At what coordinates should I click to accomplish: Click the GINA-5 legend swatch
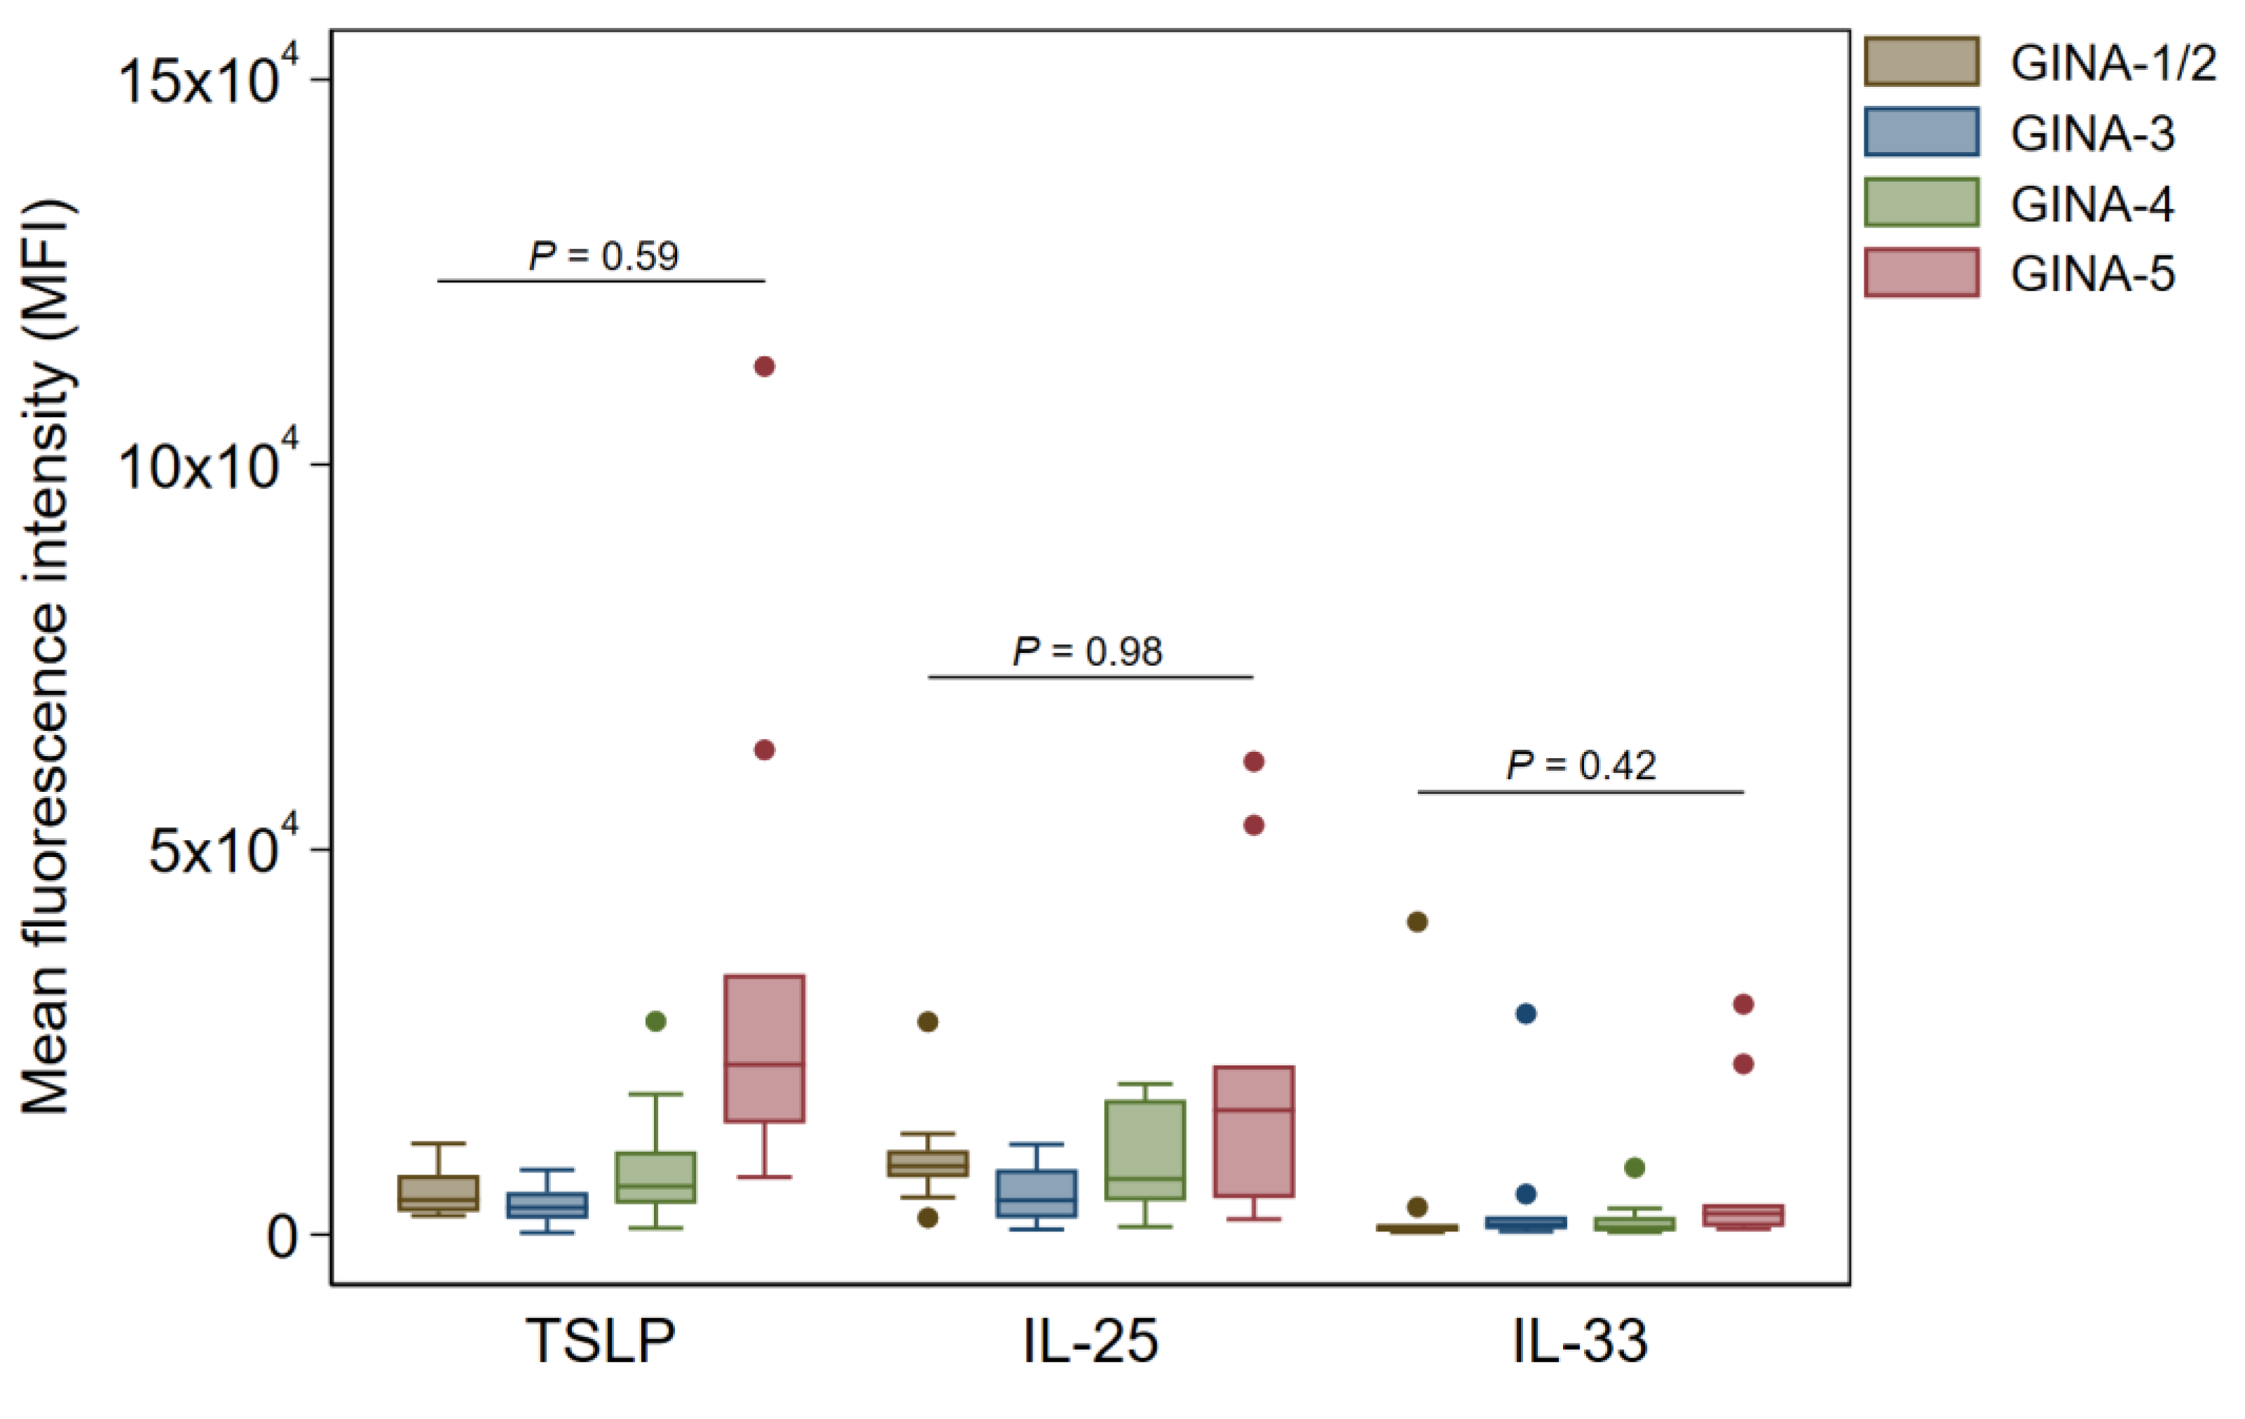[x=1920, y=273]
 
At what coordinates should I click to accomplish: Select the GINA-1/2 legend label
[x=2113, y=63]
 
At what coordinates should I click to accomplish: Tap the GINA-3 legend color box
[x=1920, y=132]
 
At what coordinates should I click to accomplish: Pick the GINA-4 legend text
[x=2092, y=204]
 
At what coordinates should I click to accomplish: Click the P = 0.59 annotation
[x=603, y=256]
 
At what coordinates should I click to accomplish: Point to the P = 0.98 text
[x=1088, y=652]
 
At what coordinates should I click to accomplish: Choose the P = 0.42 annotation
[x=1581, y=765]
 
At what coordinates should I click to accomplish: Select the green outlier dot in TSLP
[x=655, y=1022]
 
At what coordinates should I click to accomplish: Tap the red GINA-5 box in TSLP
[x=765, y=1049]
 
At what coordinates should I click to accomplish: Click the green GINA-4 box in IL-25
[x=1145, y=1149]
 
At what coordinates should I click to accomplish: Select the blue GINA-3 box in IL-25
[x=1036, y=1193]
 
